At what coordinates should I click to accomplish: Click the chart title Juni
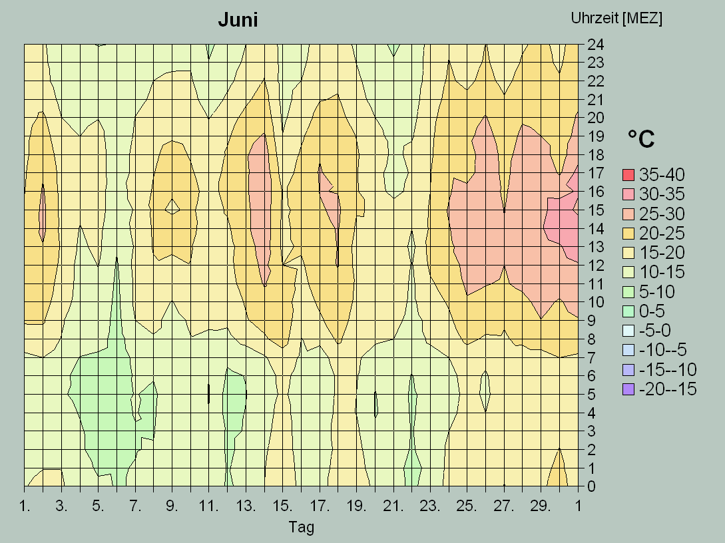pyautogui.click(x=238, y=21)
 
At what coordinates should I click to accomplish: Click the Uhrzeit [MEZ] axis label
pyautogui.click(x=616, y=19)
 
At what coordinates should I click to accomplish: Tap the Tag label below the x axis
pyautogui.click(x=301, y=528)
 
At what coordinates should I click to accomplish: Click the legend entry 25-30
pyautogui.click(x=662, y=214)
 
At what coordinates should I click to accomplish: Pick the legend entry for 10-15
pyautogui.click(x=662, y=272)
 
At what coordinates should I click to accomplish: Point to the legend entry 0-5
pyautogui.click(x=652, y=311)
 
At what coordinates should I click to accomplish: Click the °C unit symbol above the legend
pyautogui.click(x=640, y=139)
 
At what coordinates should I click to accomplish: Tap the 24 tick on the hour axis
pyautogui.click(x=595, y=45)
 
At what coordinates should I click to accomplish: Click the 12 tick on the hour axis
pyautogui.click(x=595, y=266)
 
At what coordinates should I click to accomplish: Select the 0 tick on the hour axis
pyautogui.click(x=591, y=486)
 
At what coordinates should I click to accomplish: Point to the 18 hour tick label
pyautogui.click(x=595, y=155)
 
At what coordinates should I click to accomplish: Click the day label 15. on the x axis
pyautogui.click(x=282, y=506)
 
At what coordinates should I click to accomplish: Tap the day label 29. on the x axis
pyautogui.click(x=541, y=506)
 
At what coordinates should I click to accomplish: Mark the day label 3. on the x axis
pyautogui.click(x=61, y=506)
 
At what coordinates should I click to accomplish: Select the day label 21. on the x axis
pyautogui.click(x=393, y=506)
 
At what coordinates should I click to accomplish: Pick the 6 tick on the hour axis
pyautogui.click(x=591, y=376)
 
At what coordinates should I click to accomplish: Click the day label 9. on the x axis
pyautogui.click(x=172, y=506)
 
